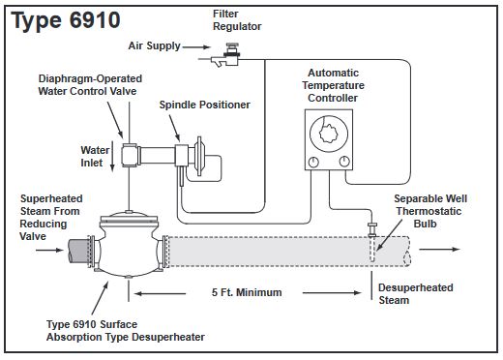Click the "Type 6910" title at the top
[66, 20]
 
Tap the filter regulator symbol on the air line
[226, 55]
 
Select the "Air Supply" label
[154, 45]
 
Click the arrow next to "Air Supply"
[196, 47]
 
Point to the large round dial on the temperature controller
[329, 134]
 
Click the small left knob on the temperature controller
[313, 162]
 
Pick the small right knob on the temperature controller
[344, 162]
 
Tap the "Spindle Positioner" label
[205, 105]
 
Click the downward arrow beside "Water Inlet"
[112, 156]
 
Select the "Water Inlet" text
[95, 157]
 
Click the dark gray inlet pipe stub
[78, 252]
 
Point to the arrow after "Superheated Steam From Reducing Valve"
[49, 250]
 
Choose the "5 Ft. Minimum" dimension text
[247, 292]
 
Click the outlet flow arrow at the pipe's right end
[439, 249]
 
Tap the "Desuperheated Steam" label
[416, 294]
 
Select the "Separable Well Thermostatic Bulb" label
[430, 211]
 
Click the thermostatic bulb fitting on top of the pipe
[371, 229]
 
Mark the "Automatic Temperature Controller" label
[333, 85]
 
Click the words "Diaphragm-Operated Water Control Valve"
[90, 85]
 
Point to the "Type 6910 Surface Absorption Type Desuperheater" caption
[126, 331]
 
